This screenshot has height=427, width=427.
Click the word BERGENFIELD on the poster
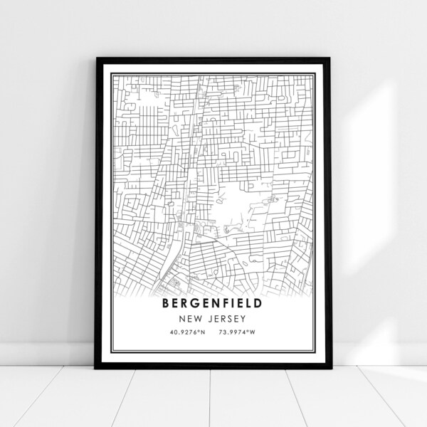[213, 301]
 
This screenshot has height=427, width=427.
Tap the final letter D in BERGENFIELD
[258, 301]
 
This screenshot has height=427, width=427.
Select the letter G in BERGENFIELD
[194, 301]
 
